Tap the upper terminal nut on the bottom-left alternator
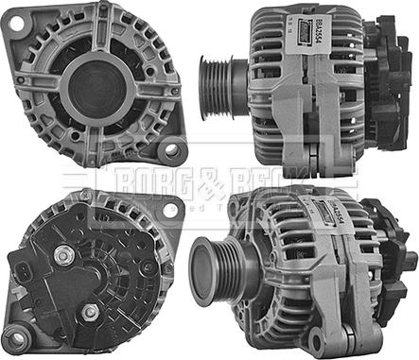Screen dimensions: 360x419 click(x=63, y=253)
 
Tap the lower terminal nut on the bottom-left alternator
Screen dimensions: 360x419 click(x=90, y=312)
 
